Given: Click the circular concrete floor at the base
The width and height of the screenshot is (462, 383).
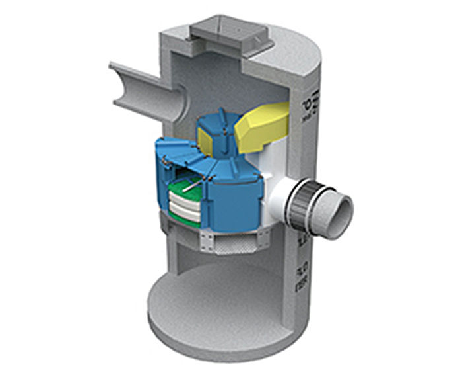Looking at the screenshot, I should point(211,311).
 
